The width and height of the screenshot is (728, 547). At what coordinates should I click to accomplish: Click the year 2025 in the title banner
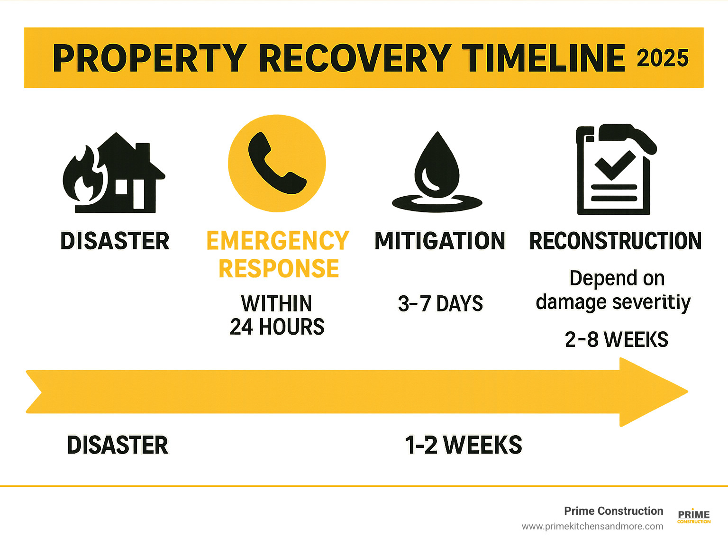click(x=662, y=58)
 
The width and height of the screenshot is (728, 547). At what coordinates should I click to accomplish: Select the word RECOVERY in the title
click(x=355, y=58)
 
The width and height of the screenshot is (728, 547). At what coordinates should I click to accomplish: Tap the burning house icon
click(x=114, y=173)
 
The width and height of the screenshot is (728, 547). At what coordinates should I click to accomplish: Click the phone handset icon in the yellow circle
click(x=277, y=163)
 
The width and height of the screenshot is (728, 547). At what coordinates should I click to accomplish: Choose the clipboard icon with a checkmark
click(x=616, y=169)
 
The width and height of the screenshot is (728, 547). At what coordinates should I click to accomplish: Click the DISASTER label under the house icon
click(x=115, y=241)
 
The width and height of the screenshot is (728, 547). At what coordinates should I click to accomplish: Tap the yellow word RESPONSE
click(x=279, y=268)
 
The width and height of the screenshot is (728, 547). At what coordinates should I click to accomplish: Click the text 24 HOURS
click(x=277, y=327)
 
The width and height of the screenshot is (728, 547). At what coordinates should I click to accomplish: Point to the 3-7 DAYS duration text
click(x=440, y=303)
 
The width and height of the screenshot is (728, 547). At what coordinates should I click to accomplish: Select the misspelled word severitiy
click(x=651, y=303)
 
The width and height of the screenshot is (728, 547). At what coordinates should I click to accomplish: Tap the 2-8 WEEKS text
click(x=616, y=340)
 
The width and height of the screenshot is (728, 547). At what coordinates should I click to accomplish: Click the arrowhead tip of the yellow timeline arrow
click(x=688, y=392)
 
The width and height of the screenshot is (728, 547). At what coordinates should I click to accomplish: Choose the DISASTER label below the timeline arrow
click(x=118, y=445)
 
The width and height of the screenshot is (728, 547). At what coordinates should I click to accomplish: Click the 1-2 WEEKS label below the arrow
click(x=464, y=445)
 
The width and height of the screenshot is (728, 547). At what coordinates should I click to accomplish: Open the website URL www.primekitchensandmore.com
click(x=592, y=527)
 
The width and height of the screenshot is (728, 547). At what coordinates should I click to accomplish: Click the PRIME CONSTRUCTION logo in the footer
click(x=694, y=516)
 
